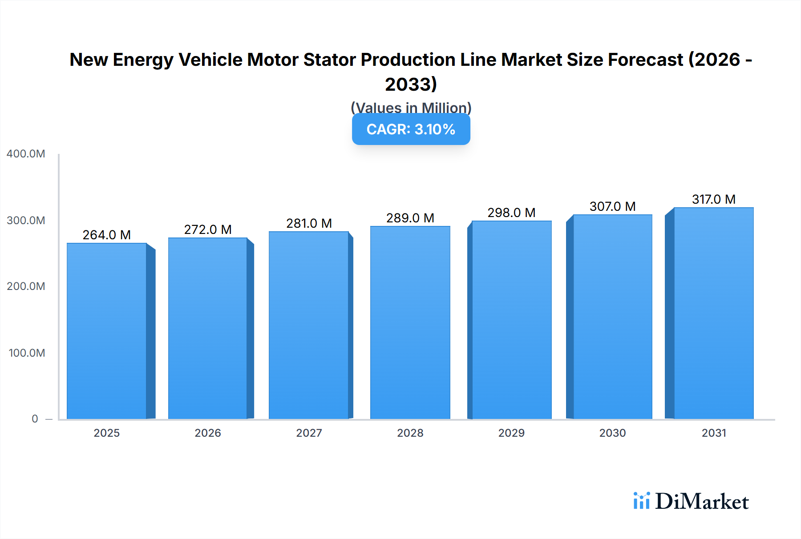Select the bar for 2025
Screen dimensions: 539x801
click(x=107, y=331)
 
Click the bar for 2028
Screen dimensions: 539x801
click(x=410, y=322)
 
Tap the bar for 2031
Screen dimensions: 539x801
click(x=713, y=313)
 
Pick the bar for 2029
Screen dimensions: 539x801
click(x=511, y=320)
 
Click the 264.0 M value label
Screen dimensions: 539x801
click(x=107, y=235)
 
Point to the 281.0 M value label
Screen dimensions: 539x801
click(x=309, y=223)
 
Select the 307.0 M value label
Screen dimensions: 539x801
click(x=612, y=206)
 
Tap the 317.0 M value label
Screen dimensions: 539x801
click(x=713, y=199)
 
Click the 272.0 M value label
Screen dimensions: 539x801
click(x=208, y=229)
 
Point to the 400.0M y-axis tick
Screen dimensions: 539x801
click(x=26, y=154)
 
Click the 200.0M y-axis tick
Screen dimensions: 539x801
click(x=26, y=286)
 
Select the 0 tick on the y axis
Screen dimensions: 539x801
click(x=35, y=419)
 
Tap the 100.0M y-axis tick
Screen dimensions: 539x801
click(x=27, y=353)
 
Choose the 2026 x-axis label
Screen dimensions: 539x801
click(x=208, y=433)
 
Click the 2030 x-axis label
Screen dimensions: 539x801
click(x=612, y=433)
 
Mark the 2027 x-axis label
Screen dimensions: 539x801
click(x=309, y=433)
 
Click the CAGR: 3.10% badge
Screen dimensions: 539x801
click(x=411, y=129)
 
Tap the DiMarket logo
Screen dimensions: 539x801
click(x=691, y=502)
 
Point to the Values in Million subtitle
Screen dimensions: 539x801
click(x=411, y=108)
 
